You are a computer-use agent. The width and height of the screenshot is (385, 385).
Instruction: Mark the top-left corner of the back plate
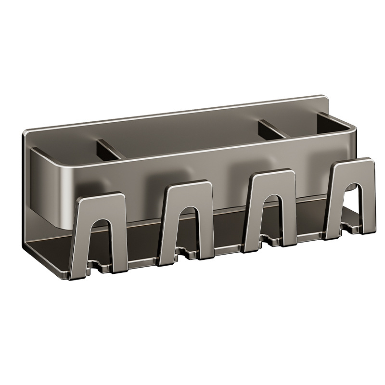point(25,132)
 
